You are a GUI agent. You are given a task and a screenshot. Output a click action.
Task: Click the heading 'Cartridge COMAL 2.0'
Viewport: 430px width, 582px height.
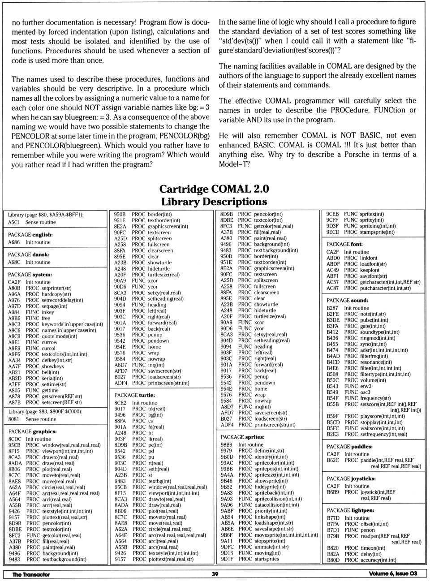click(x=214, y=189)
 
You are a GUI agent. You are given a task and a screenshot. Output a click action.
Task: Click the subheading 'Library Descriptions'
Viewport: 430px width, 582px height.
click(x=214, y=202)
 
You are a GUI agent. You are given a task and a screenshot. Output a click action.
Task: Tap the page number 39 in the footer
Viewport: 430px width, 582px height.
click(x=215, y=574)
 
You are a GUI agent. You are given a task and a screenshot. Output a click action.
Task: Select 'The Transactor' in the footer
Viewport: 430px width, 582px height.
click(x=31, y=574)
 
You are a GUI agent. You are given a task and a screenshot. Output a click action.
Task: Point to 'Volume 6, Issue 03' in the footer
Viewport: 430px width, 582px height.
click(x=393, y=574)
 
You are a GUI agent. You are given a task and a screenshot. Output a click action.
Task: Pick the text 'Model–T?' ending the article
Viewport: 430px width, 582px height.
click(x=234, y=164)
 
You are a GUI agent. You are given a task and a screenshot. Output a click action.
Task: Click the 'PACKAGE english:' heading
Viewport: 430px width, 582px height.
click(x=30, y=235)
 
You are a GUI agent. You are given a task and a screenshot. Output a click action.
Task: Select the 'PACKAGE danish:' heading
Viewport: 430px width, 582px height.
click(x=28, y=254)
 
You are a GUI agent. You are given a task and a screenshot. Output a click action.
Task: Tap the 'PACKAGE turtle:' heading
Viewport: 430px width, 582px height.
click(x=134, y=395)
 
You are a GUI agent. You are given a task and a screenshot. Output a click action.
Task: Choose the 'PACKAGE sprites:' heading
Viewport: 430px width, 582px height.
click(x=242, y=437)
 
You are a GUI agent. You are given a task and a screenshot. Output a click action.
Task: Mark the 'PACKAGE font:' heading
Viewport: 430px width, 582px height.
click(x=344, y=244)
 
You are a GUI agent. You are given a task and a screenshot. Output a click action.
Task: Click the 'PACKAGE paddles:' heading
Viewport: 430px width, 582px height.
click(x=349, y=447)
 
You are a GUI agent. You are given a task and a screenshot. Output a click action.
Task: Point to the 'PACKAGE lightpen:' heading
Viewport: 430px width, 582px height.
click(x=350, y=510)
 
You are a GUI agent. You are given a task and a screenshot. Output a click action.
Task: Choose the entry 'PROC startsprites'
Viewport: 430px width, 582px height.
click(x=258, y=559)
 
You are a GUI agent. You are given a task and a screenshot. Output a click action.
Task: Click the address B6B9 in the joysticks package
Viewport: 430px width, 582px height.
click(x=333, y=492)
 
